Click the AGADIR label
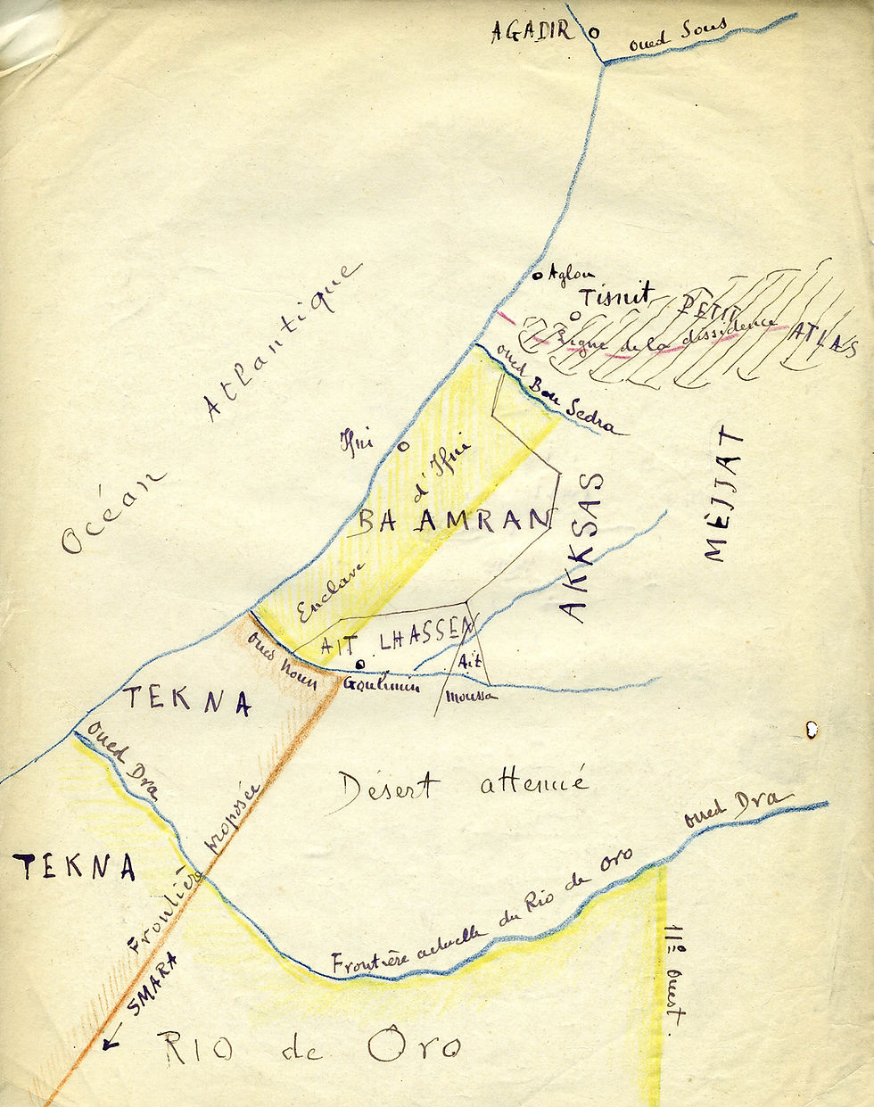(x=531, y=31)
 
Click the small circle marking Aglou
(x=538, y=276)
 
